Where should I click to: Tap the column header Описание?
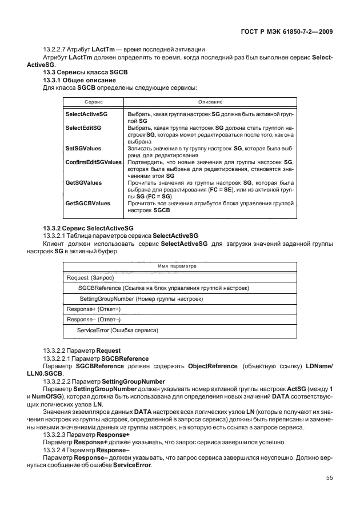210,101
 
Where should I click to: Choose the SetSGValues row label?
83,148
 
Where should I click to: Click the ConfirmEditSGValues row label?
94,162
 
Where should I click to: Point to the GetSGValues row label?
84,183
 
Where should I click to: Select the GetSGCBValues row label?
87,204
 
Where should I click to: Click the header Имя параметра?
177,266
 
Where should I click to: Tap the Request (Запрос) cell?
91,278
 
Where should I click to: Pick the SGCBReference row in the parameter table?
163,288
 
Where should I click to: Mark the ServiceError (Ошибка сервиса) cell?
117,330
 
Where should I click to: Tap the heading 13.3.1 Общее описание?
79,81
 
